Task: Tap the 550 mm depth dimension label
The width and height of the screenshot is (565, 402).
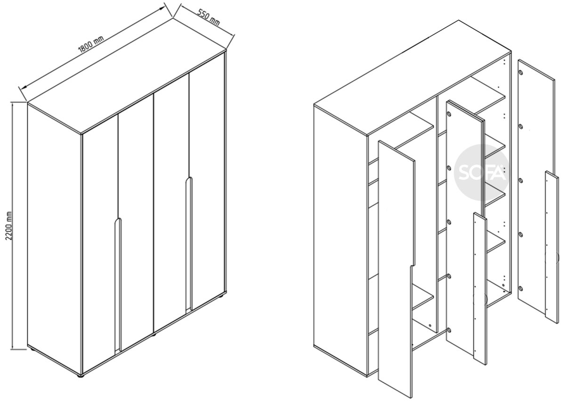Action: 208,18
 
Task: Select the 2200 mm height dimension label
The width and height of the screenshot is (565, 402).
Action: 9,226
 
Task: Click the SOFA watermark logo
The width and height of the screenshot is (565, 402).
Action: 482,173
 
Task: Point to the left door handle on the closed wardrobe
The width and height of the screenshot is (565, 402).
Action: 118,285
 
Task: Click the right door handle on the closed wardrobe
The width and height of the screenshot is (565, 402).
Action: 189,243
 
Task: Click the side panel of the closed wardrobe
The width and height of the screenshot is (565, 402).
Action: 55,239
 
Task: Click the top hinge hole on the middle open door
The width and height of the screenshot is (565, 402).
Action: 449,114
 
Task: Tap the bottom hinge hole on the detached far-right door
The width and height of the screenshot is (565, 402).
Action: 520,288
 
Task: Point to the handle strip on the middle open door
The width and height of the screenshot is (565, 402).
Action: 480,288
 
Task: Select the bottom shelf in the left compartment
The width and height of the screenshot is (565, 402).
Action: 423,298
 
